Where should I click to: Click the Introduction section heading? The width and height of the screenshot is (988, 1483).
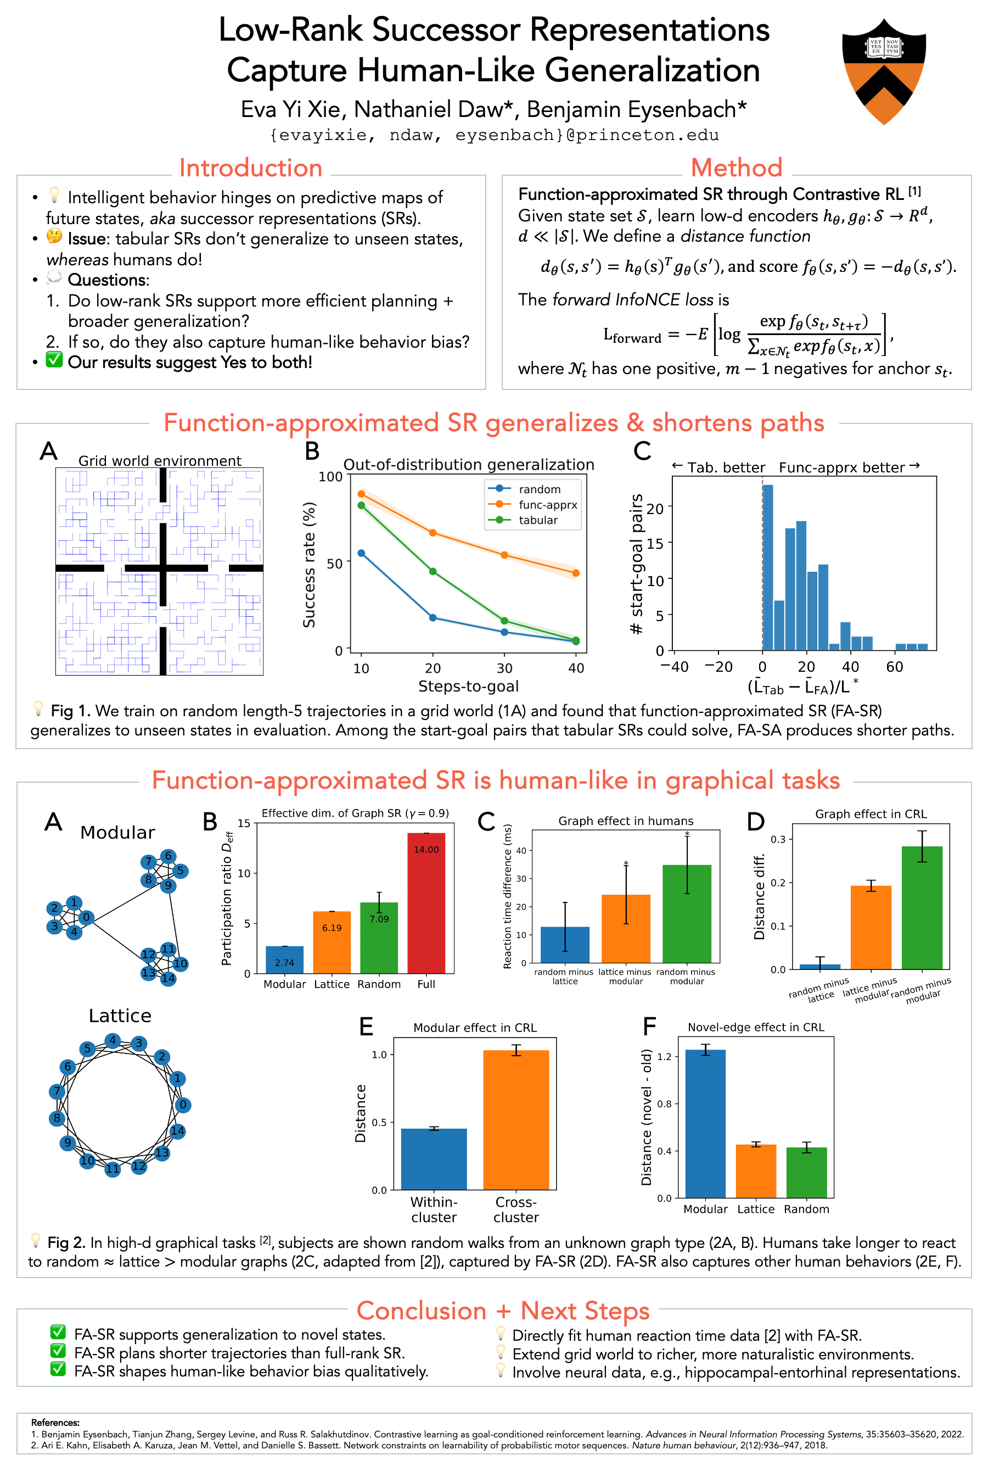click(250, 168)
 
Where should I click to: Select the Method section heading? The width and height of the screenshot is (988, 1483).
click(736, 168)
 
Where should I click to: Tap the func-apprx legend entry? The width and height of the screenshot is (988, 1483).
click(547, 504)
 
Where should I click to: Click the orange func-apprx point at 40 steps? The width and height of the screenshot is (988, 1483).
click(576, 573)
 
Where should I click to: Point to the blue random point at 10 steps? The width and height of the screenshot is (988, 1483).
click(361, 553)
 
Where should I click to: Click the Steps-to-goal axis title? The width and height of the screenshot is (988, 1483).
click(468, 686)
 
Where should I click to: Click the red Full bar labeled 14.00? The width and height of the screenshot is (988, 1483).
click(426, 903)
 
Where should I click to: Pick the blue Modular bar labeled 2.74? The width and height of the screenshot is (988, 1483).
click(285, 960)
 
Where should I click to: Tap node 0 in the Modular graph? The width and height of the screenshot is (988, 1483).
click(86, 917)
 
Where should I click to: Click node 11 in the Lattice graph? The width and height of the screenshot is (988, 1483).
click(112, 1168)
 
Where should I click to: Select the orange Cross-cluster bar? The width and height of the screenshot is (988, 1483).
click(515, 1120)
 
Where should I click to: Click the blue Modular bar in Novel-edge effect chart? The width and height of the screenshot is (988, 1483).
click(705, 1124)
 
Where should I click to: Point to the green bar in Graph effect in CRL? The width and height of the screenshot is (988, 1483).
click(922, 907)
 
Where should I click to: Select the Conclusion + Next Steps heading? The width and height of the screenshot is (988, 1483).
click(502, 1311)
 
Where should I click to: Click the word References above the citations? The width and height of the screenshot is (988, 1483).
click(55, 1423)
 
